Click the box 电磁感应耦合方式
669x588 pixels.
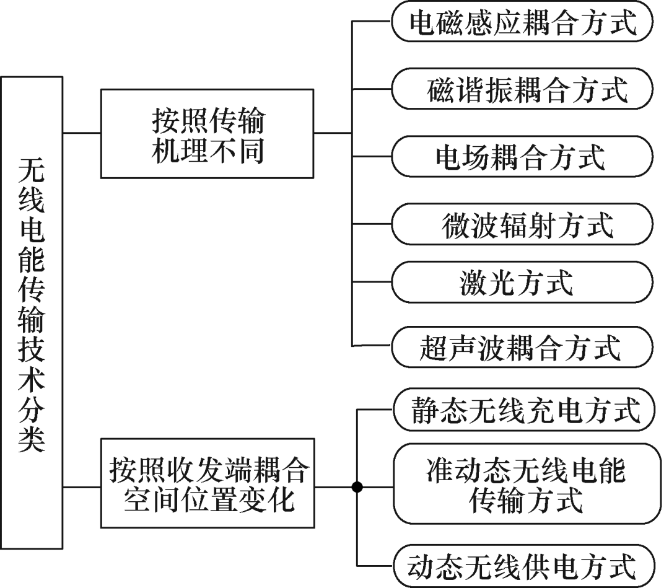pyautogui.click(x=522, y=24)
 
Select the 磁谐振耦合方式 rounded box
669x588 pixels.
pyautogui.click(x=522, y=89)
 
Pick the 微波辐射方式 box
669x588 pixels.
pyautogui.click(x=522, y=225)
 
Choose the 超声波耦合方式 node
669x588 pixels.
pyautogui.click(x=522, y=346)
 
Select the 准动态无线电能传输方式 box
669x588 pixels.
pyautogui.click(x=522, y=484)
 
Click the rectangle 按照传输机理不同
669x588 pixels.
pyautogui.click(x=207, y=134)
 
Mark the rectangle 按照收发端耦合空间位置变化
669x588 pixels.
pyautogui.click(x=208, y=483)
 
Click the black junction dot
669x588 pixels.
pyautogui.click(x=357, y=487)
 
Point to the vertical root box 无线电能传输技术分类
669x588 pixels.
pyautogui.click(x=32, y=312)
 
